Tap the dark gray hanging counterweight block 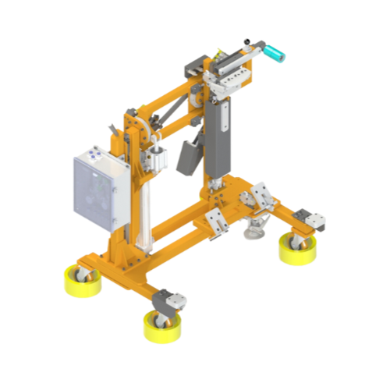pyautogui.click(x=188, y=157)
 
